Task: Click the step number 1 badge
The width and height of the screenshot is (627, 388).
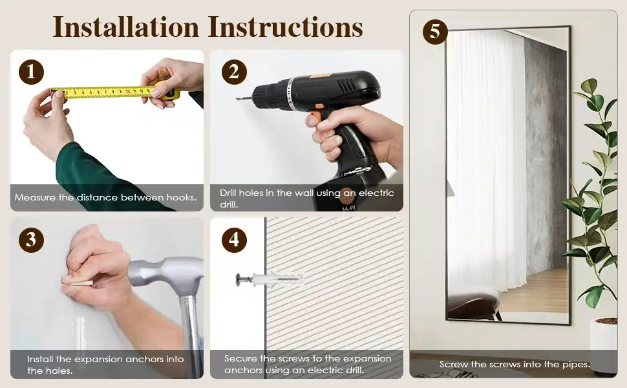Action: pyautogui.click(x=31, y=72)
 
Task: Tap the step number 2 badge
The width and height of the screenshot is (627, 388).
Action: pyautogui.click(x=235, y=72)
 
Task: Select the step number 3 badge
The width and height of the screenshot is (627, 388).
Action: pyautogui.click(x=31, y=240)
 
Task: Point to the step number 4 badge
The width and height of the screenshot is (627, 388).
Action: pyautogui.click(x=235, y=240)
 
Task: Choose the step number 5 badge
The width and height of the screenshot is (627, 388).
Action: pyautogui.click(x=435, y=32)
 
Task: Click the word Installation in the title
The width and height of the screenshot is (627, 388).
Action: pyautogui.click(x=126, y=27)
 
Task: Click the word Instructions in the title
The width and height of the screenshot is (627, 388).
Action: pyautogui.click(x=286, y=27)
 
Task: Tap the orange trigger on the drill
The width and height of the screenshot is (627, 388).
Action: pyautogui.click(x=315, y=115)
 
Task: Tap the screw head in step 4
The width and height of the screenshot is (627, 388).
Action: pyautogui.click(x=239, y=279)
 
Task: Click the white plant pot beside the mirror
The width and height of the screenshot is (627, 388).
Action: pyautogui.click(x=604, y=345)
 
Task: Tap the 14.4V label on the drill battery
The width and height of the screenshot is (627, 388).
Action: pyautogui.click(x=348, y=208)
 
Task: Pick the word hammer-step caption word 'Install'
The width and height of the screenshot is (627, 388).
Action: pyautogui.click(x=40, y=359)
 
